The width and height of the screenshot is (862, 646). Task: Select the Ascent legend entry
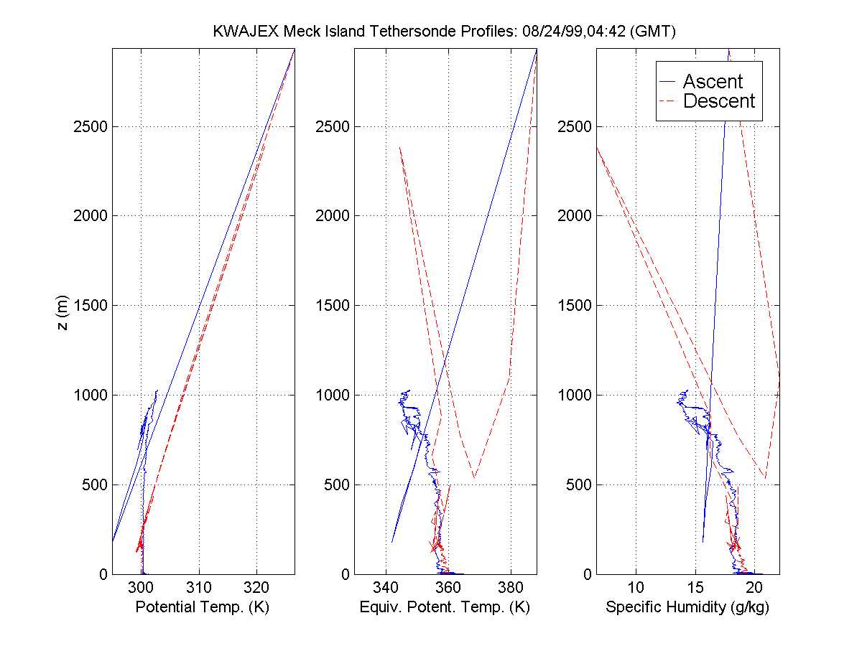pos(712,82)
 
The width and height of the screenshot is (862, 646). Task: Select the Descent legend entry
pos(718,101)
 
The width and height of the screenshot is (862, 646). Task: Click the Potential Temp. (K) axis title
pos(203,608)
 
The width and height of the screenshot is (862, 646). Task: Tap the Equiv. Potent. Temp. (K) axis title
pos(444,608)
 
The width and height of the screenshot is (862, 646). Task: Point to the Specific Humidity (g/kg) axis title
pos(687,608)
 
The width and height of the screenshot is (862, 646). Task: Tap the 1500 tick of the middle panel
pos(333,306)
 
